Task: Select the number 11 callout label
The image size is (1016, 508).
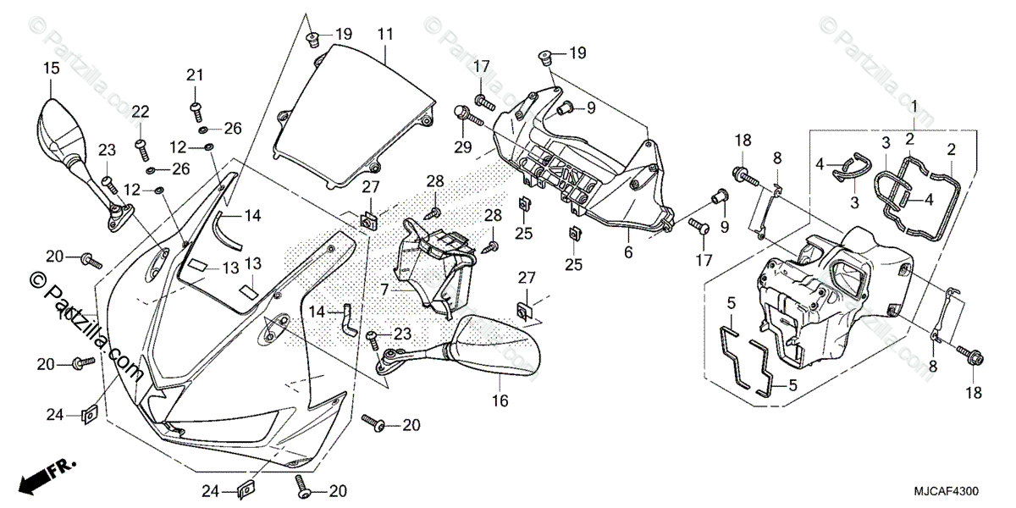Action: click(x=386, y=35)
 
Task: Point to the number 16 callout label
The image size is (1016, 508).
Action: click(x=500, y=400)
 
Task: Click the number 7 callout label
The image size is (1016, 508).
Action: click(x=384, y=289)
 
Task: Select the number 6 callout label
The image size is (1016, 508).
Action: click(x=628, y=252)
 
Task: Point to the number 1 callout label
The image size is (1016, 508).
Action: click(x=914, y=105)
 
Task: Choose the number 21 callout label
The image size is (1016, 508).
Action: click(x=196, y=75)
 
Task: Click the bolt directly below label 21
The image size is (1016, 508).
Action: click(x=196, y=108)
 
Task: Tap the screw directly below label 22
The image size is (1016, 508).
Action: click(x=141, y=147)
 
